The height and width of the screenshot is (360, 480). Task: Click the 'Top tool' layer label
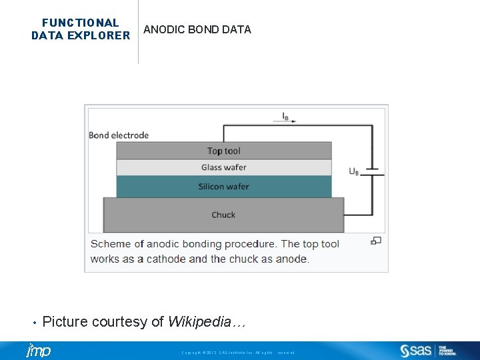coord(223,151)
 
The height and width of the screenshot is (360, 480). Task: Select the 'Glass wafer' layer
coord(223,167)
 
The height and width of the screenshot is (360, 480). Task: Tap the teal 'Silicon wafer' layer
coord(223,187)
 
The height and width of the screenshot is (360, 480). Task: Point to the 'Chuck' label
coord(223,215)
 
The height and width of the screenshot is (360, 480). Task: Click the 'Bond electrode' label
coord(119,135)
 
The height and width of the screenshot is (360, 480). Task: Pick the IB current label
coord(285,116)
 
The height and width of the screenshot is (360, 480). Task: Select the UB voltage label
coord(353,171)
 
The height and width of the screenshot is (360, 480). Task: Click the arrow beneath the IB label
coord(285,121)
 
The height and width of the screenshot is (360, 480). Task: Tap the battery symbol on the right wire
coord(375,171)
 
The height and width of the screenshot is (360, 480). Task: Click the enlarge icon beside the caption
coord(376,241)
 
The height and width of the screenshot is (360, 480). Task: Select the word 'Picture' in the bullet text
coord(65,322)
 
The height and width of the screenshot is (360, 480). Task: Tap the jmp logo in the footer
coord(38,351)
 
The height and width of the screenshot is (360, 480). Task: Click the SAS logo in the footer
coord(417,351)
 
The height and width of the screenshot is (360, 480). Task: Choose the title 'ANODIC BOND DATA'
coord(197,29)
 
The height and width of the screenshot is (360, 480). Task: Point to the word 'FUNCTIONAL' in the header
coord(80,23)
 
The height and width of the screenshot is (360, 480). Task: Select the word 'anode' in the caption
coord(291,259)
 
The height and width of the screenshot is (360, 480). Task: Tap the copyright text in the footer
coord(237,352)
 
